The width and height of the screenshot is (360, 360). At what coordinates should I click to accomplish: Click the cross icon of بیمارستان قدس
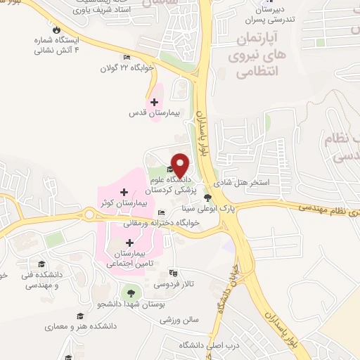click(x=155, y=102)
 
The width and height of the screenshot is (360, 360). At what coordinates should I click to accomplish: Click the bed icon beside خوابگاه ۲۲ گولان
click(x=127, y=58)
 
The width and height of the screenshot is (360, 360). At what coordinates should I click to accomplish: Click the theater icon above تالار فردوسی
click(x=174, y=273)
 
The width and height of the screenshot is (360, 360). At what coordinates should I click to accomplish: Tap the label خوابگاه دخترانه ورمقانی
click(x=162, y=224)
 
